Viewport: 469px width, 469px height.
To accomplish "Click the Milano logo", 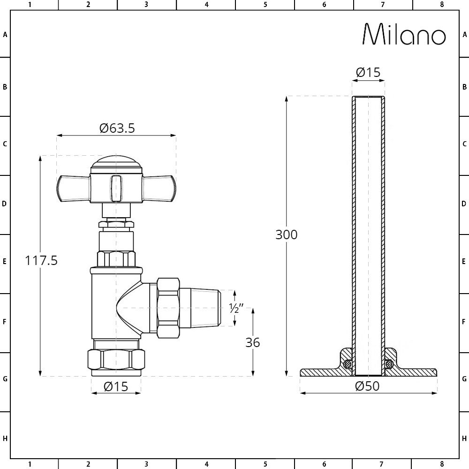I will pos(404,34).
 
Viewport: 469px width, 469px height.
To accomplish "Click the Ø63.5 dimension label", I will pos(117,128).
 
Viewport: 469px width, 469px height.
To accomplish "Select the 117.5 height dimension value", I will pos(41,261).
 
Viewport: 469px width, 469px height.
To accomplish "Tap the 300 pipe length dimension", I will pos(286,234).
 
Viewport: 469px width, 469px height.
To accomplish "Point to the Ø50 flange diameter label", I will pos(367,386).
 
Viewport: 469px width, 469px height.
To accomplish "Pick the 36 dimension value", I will pos(253,342).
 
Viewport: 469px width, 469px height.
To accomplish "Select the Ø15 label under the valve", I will pos(115,386).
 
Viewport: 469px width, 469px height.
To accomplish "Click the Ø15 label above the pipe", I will pos(368,73).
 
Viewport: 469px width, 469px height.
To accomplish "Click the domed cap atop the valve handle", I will pos(116,163).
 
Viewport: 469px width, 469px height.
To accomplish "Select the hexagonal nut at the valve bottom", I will pos(116,360).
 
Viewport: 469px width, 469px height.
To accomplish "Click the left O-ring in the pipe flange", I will pos(347,364).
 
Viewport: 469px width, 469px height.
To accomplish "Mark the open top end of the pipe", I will pos(368,98).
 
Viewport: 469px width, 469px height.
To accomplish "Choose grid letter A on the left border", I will pos(5,35).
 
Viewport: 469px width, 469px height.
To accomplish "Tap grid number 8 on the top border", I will pos(441,5).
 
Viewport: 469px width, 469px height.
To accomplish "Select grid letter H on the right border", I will pos(464,439).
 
